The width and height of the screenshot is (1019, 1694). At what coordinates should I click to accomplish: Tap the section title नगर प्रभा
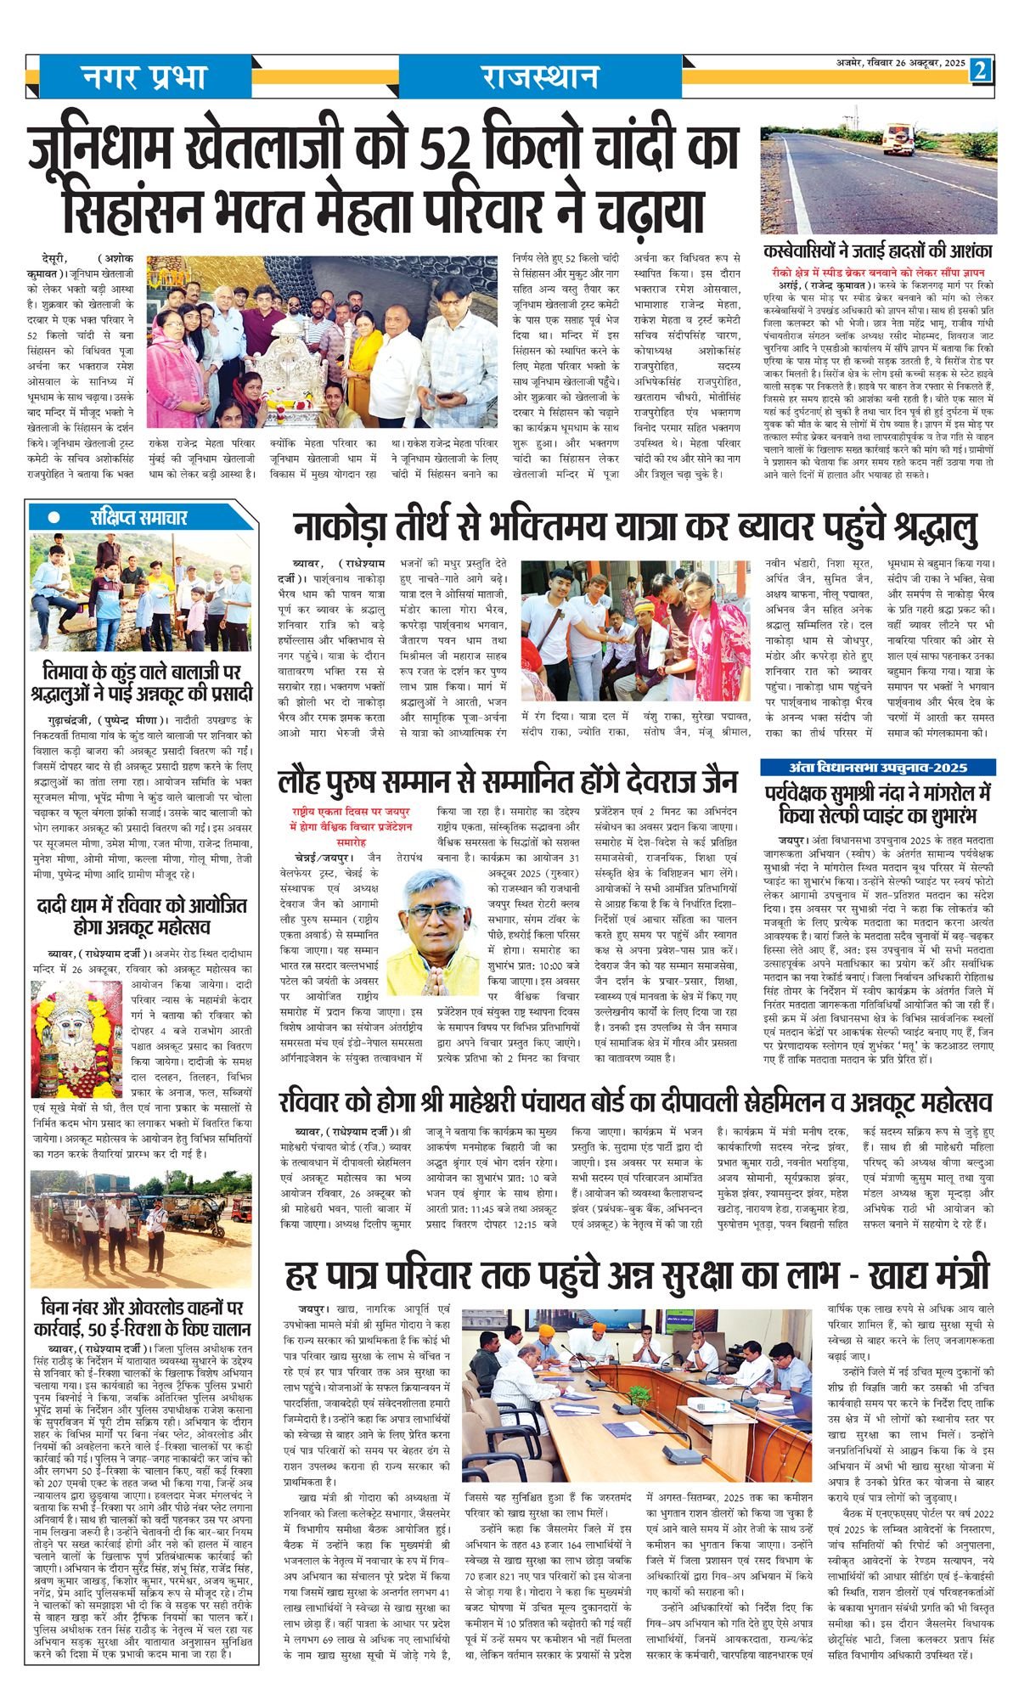pyautogui.click(x=144, y=77)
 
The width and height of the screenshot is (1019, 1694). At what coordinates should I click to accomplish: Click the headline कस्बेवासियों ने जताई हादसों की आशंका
pyautogui.click(x=878, y=252)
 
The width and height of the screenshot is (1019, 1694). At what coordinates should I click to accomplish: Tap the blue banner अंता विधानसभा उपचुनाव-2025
pyautogui.click(x=877, y=768)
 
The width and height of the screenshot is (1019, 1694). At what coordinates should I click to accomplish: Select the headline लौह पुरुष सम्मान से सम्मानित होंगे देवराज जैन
pyautogui.click(x=508, y=780)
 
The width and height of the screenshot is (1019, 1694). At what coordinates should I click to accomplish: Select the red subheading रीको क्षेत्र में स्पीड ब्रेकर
pyautogui.click(x=878, y=273)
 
